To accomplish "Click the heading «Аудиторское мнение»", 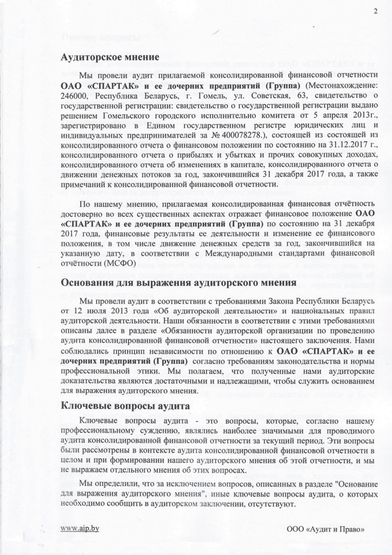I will tap(110, 56).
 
